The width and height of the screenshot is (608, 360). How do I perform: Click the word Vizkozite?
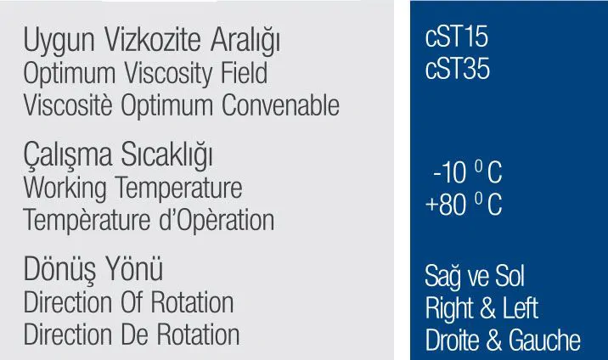coord(152,40)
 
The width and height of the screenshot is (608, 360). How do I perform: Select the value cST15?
coord(456,37)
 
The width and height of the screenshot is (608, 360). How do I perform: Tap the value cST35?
coord(457,69)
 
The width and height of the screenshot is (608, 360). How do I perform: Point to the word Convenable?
coord(280,104)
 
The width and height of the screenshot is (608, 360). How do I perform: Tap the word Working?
coord(65,188)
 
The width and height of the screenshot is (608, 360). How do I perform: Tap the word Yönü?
coord(134,268)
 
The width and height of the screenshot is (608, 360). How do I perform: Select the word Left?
coord(521,308)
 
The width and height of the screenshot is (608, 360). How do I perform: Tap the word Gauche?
coord(544,340)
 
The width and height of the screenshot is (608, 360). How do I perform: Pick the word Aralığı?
coord(245,41)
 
